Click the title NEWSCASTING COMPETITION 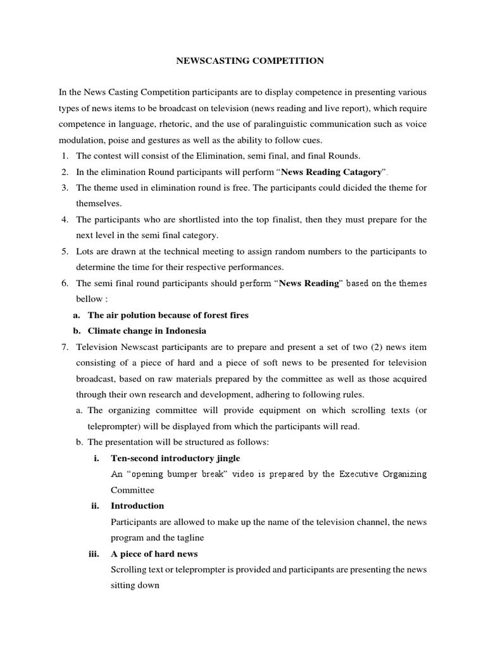click(249, 61)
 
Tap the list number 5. click(65, 251)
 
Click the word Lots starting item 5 click(84, 251)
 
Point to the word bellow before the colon click(89, 299)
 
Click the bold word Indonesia click(185, 330)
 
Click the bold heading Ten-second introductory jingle click(175, 458)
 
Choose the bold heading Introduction click(137, 505)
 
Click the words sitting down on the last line click(135, 586)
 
